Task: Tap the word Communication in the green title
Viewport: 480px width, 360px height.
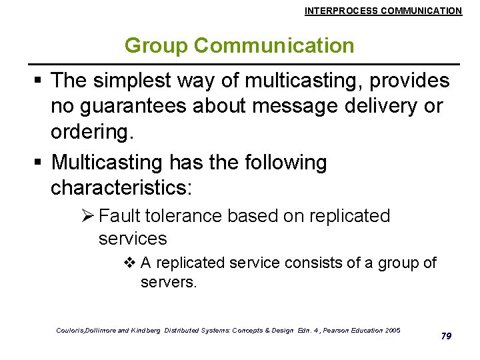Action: click(275, 46)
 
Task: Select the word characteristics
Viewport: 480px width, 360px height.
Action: click(120, 187)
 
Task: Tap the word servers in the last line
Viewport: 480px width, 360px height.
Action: click(168, 282)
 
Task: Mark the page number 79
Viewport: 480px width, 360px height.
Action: click(446, 336)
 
